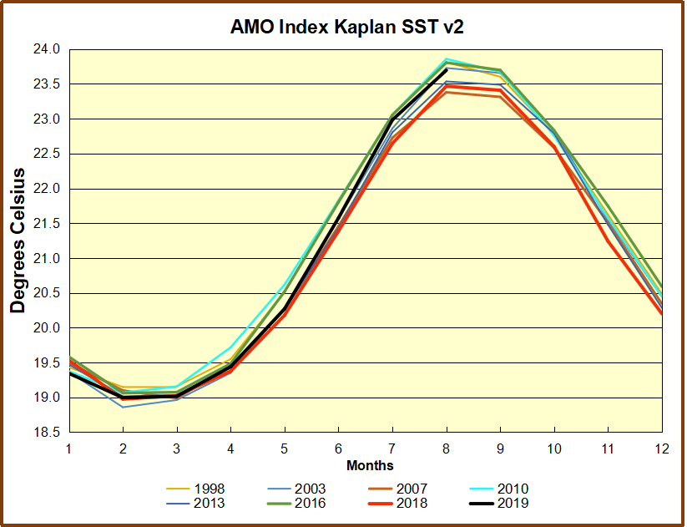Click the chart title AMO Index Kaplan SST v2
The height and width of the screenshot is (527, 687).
click(346, 27)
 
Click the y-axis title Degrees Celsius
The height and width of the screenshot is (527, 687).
click(18, 241)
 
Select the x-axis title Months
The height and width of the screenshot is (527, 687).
click(370, 465)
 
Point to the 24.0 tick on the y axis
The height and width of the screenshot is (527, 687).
click(48, 49)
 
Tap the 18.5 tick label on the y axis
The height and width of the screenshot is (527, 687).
click(48, 433)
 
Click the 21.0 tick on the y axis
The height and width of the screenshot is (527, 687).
click(48, 259)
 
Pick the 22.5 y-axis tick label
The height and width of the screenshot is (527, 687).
click(48, 154)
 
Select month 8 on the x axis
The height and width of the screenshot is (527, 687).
click(446, 448)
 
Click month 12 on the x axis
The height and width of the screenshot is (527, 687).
click(660, 448)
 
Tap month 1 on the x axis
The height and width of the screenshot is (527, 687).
click(68, 448)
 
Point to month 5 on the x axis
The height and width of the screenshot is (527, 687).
click(284, 448)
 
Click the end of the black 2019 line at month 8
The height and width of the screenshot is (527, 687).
click(446, 69)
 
